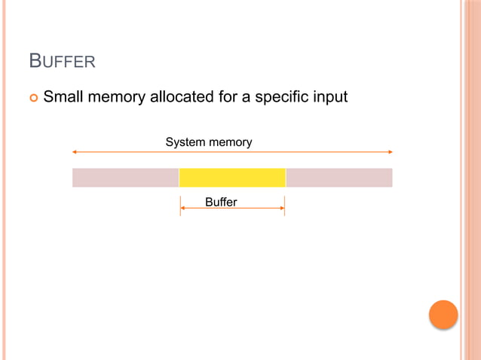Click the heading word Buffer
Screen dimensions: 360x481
click(x=62, y=61)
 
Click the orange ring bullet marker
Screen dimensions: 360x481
click(x=33, y=98)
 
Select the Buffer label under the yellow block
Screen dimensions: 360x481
click(x=221, y=202)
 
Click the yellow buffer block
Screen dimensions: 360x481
click(x=232, y=178)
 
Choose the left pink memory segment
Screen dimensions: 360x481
click(x=125, y=178)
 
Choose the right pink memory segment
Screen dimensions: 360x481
click(x=339, y=178)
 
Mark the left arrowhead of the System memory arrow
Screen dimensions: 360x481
click(x=75, y=152)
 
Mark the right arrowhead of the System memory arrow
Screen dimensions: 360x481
click(x=390, y=152)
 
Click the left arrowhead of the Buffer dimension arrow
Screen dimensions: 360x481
click(x=182, y=209)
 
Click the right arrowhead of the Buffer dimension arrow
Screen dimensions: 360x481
click(x=282, y=209)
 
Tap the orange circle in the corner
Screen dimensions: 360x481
click(x=443, y=315)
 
